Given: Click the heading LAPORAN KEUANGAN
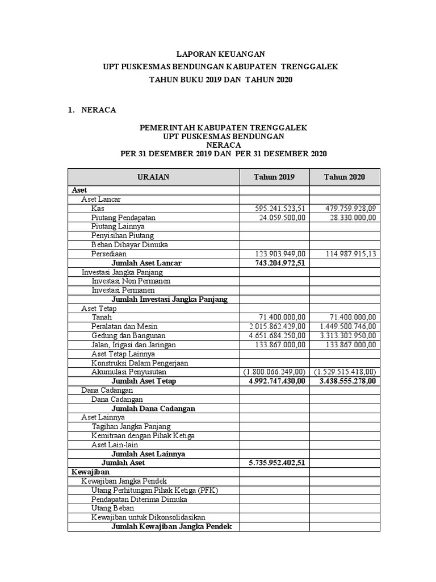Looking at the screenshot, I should pos(220,55).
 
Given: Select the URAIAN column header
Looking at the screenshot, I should pos(153,177).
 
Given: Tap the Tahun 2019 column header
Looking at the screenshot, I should pos(274,177).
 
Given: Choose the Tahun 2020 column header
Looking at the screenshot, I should pos(345,177).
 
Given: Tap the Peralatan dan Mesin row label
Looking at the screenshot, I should pos(124,326).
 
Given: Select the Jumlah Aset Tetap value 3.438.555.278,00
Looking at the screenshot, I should pos(344,381).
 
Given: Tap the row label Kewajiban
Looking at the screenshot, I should pos(90,472).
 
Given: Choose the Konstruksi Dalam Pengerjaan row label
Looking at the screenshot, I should pos(140,363).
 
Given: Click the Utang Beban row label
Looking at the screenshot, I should pos(113,508).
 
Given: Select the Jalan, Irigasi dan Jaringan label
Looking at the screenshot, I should pos(133,344).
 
